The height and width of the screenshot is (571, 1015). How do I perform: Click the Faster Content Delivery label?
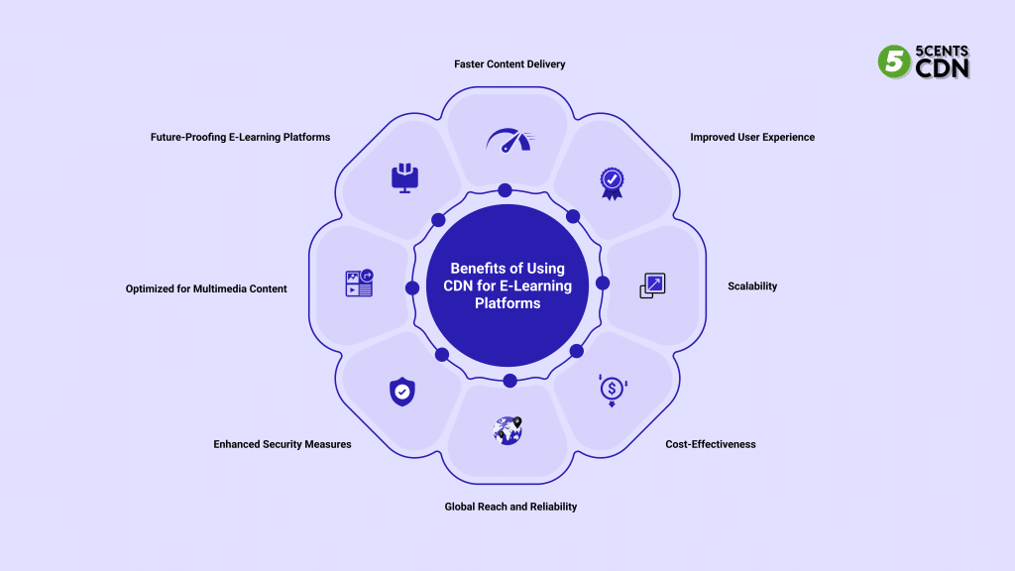coord(509,64)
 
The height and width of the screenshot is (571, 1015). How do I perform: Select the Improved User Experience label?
coord(752,137)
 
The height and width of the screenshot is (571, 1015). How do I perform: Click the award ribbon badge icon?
coord(612,180)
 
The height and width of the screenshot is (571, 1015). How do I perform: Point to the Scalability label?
coord(752,286)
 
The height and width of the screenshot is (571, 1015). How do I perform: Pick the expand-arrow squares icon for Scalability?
coord(652,285)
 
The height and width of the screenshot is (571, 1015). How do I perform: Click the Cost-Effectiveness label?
coord(711,444)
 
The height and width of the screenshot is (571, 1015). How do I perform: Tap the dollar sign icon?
coord(613,390)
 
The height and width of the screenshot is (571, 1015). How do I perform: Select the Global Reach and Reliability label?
coord(509,507)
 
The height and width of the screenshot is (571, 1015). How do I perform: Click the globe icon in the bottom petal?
coord(507,430)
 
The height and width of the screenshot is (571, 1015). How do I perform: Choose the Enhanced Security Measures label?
coord(282,444)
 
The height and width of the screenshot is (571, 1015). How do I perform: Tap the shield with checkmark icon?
coord(401,393)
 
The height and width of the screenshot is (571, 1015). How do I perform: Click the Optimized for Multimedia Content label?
coord(206,289)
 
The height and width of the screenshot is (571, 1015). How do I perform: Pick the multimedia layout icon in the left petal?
coord(359,284)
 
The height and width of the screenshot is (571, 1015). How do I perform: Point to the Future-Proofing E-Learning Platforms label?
coord(240,137)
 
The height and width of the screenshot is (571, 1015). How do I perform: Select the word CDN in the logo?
coord(943,68)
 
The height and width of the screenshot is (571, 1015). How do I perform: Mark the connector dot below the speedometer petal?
coord(506,190)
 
